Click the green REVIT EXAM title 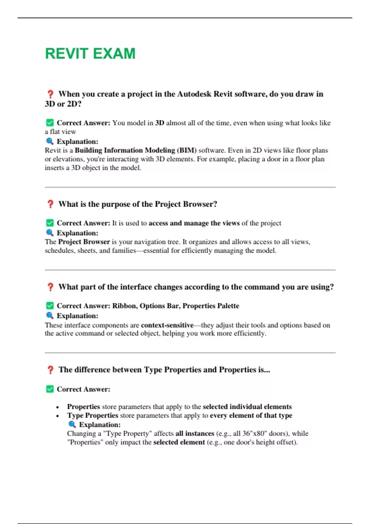(x=90, y=54)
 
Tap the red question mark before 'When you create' (x=50, y=94)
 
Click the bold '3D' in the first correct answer (x=159, y=123)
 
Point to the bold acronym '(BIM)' (x=187, y=150)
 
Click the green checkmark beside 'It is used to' (x=50, y=223)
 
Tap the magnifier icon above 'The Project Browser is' (x=50, y=233)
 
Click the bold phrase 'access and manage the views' (x=194, y=223)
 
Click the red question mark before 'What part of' (x=50, y=287)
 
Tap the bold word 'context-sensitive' (x=167, y=325)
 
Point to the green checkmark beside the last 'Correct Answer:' (x=50, y=389)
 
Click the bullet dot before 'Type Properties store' (x=58, y=416)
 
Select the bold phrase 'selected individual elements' (x=247, y=407)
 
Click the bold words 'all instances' (x=195, y=434)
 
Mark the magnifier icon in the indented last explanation (x=72, y=424)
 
